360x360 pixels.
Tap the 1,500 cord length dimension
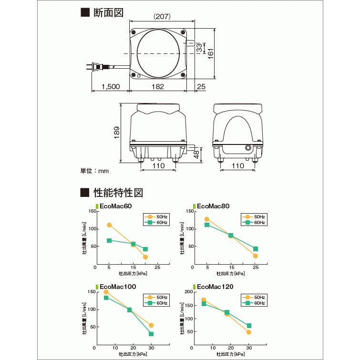tap(111, 87)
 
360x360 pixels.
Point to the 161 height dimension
tap(211, 53)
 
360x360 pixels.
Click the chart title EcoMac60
tap(115, 206)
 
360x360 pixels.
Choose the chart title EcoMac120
tap(215, 287)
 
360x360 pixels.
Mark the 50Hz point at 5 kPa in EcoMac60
tap(109, 225)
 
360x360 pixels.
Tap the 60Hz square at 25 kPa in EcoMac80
tap(256, 249)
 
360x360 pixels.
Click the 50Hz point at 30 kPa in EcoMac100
tap(151, 325)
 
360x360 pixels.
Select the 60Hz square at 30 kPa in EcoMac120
tap(249, 326)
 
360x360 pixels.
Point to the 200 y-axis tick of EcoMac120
tap(189, 291)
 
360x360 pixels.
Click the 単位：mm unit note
tap(94, 170)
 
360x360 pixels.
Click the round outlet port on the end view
tap(248, 148)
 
